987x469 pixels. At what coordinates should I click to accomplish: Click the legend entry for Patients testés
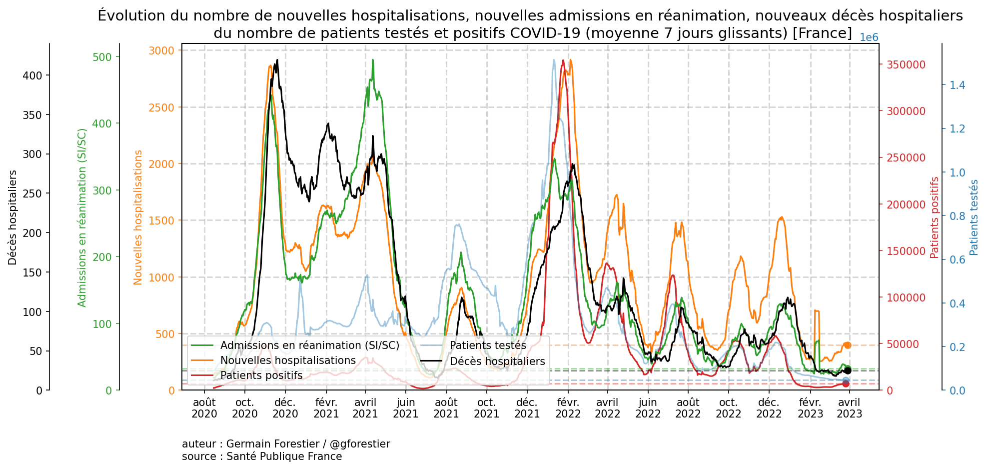click(x=488, y=345)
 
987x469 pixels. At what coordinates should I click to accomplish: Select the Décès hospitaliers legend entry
click(x=497, y=361)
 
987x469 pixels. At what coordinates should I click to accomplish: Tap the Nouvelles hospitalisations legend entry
click(x=288, y=360)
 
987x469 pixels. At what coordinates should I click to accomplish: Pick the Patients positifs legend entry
click(x=261, y=375)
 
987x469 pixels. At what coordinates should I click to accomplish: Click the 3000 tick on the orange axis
click(x=161, y=50)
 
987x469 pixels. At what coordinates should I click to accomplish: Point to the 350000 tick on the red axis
click(x=906, y=64)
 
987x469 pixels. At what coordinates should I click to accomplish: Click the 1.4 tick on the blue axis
click(x=957, y=85)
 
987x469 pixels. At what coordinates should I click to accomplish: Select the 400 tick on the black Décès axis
click(x=33, y=75)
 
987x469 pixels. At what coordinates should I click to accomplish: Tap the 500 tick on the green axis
click(x=102, y=57)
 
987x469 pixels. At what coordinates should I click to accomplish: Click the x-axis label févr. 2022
click(x=568, y=408)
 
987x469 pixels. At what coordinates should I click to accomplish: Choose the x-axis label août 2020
click(x=204, y=408)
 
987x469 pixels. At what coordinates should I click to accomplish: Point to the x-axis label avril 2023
click(x=849, y=408)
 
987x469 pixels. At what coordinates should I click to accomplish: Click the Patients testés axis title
click(x=974, y=217)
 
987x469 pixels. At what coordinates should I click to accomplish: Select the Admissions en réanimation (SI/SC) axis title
click(x=82, y=217)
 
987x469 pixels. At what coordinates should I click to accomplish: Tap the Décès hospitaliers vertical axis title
click(x=12, y=217)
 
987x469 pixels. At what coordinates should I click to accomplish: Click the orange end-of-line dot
click(x=848, y=345)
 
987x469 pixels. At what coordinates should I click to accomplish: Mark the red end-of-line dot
click(x=846, y=383)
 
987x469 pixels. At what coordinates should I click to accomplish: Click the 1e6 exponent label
click(x=869, y=38)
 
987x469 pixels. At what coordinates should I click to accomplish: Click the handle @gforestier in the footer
click(x=360, y=444)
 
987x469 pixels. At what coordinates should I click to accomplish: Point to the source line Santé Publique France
click(x=284, y=456)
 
